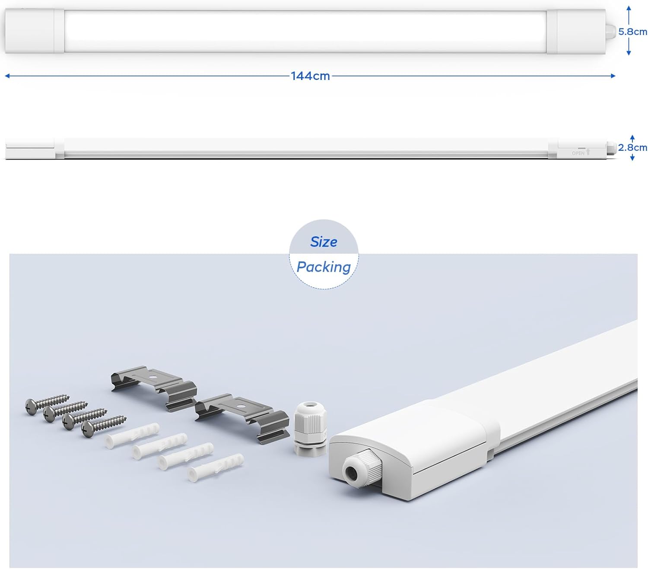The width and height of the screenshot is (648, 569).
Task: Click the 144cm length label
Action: [x=310, y=76]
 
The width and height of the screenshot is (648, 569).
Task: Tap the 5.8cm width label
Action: [x=632, y=32]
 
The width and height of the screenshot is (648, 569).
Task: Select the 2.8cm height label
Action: [x=632, y=147]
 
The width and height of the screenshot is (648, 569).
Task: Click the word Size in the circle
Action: [x=324, y=242]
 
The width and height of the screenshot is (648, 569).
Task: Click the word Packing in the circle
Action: [x=324, y=267]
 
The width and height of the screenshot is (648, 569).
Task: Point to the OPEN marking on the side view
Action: [x=578, y=153]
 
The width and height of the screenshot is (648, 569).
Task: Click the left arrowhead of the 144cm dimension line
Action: [x=7, y=76]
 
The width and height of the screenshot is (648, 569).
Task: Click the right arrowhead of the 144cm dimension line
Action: [x=613, y=76]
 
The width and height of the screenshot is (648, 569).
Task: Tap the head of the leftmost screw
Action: [x=31, y=407]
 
